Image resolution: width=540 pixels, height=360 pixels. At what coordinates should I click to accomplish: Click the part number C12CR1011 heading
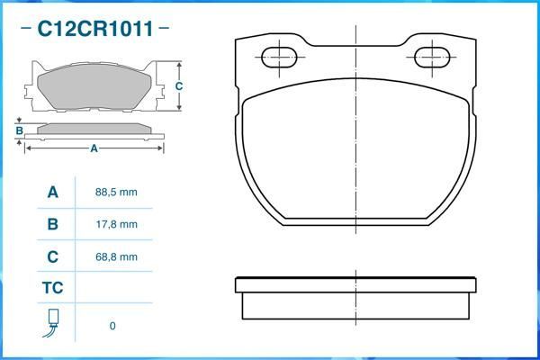[94, 29]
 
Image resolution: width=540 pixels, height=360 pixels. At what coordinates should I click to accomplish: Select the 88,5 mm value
[116, 193]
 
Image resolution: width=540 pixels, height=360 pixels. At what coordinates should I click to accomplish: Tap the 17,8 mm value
[116, 224]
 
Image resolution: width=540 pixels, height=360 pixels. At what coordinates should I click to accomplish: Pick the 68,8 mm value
[116, 256]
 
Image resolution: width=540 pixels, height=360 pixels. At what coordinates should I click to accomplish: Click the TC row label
[52, 288]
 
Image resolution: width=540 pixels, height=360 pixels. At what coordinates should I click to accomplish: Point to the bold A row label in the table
[52, 193]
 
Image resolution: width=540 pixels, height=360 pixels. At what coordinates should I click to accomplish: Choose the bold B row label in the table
[52, 224]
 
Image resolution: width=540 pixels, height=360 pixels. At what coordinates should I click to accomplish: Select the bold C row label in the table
[52, 256]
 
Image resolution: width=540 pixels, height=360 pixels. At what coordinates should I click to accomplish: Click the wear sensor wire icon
[52, 323]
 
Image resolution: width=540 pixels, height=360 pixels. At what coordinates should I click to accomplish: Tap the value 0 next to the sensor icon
[112, 326]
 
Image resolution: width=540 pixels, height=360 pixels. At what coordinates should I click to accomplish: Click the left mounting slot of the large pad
[278, 58]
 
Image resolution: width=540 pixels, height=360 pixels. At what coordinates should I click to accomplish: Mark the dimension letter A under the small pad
[94, 149]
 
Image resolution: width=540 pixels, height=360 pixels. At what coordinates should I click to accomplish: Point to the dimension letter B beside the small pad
[19, 130]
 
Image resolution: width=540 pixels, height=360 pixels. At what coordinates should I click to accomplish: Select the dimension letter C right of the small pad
[179, 86]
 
